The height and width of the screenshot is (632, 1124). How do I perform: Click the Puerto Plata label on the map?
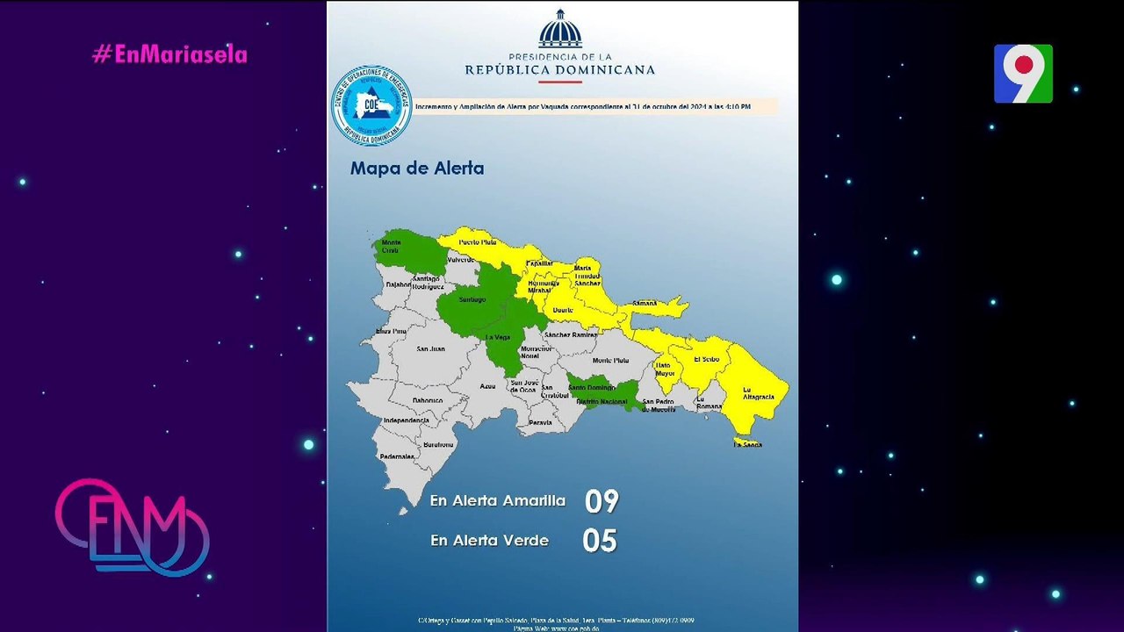point(478,241)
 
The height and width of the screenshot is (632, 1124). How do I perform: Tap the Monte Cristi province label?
point(391,247)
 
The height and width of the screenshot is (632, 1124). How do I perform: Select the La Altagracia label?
point(758,393)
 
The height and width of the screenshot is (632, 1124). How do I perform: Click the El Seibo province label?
point(706,359)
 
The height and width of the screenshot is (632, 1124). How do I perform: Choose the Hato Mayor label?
point(666,369)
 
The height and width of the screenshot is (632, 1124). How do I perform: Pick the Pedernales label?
point(396,456)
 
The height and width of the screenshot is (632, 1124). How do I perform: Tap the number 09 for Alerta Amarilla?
point(602,501)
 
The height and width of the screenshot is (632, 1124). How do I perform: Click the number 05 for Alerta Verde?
point(600,541)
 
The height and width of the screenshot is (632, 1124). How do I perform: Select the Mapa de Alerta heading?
point(416,168)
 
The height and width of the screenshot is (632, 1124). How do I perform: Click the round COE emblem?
point(371,105)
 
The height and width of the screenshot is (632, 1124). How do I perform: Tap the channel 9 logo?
point(1023,74)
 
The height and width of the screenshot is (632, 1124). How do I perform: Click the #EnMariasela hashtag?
point(169,54)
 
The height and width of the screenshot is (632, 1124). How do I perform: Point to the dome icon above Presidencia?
point(560,30)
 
